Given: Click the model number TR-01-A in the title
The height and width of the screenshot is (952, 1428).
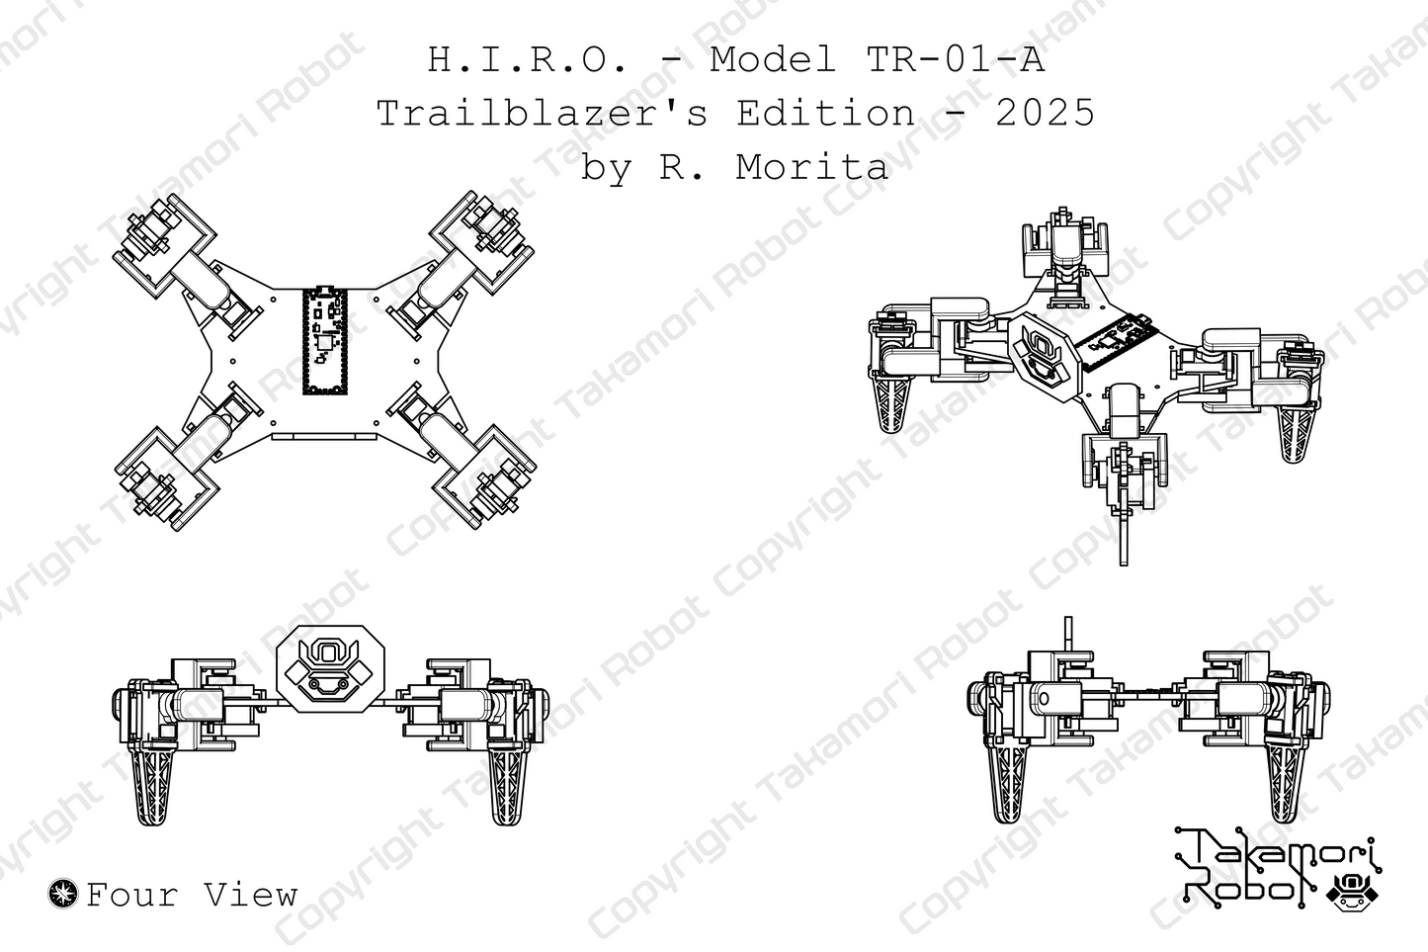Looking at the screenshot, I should point(955,60).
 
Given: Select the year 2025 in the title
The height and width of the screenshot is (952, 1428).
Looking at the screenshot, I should point(1045,113).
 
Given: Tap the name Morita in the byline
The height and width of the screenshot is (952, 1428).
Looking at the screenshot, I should point(811,166).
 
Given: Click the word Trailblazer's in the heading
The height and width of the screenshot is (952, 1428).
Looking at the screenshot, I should point(543,113).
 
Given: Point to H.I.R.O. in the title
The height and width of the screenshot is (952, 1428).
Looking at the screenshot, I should point(528,60).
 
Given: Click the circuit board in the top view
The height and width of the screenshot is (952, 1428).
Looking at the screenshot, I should point(325,341).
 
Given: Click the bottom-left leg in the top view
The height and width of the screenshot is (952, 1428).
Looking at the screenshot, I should point(168,479).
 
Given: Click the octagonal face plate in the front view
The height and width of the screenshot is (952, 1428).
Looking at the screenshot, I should point(325,668).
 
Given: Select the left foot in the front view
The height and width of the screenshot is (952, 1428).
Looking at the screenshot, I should point(154,786).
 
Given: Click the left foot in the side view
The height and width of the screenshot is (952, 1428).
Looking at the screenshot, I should point(1010,786).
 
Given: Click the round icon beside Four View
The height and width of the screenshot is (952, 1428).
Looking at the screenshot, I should point(63,894).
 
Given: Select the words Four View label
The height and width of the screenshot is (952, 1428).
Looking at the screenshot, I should point(192,895).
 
